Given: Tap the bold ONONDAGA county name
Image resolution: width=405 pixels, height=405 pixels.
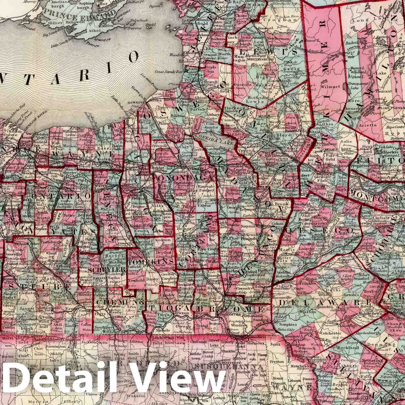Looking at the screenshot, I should point(186,178).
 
